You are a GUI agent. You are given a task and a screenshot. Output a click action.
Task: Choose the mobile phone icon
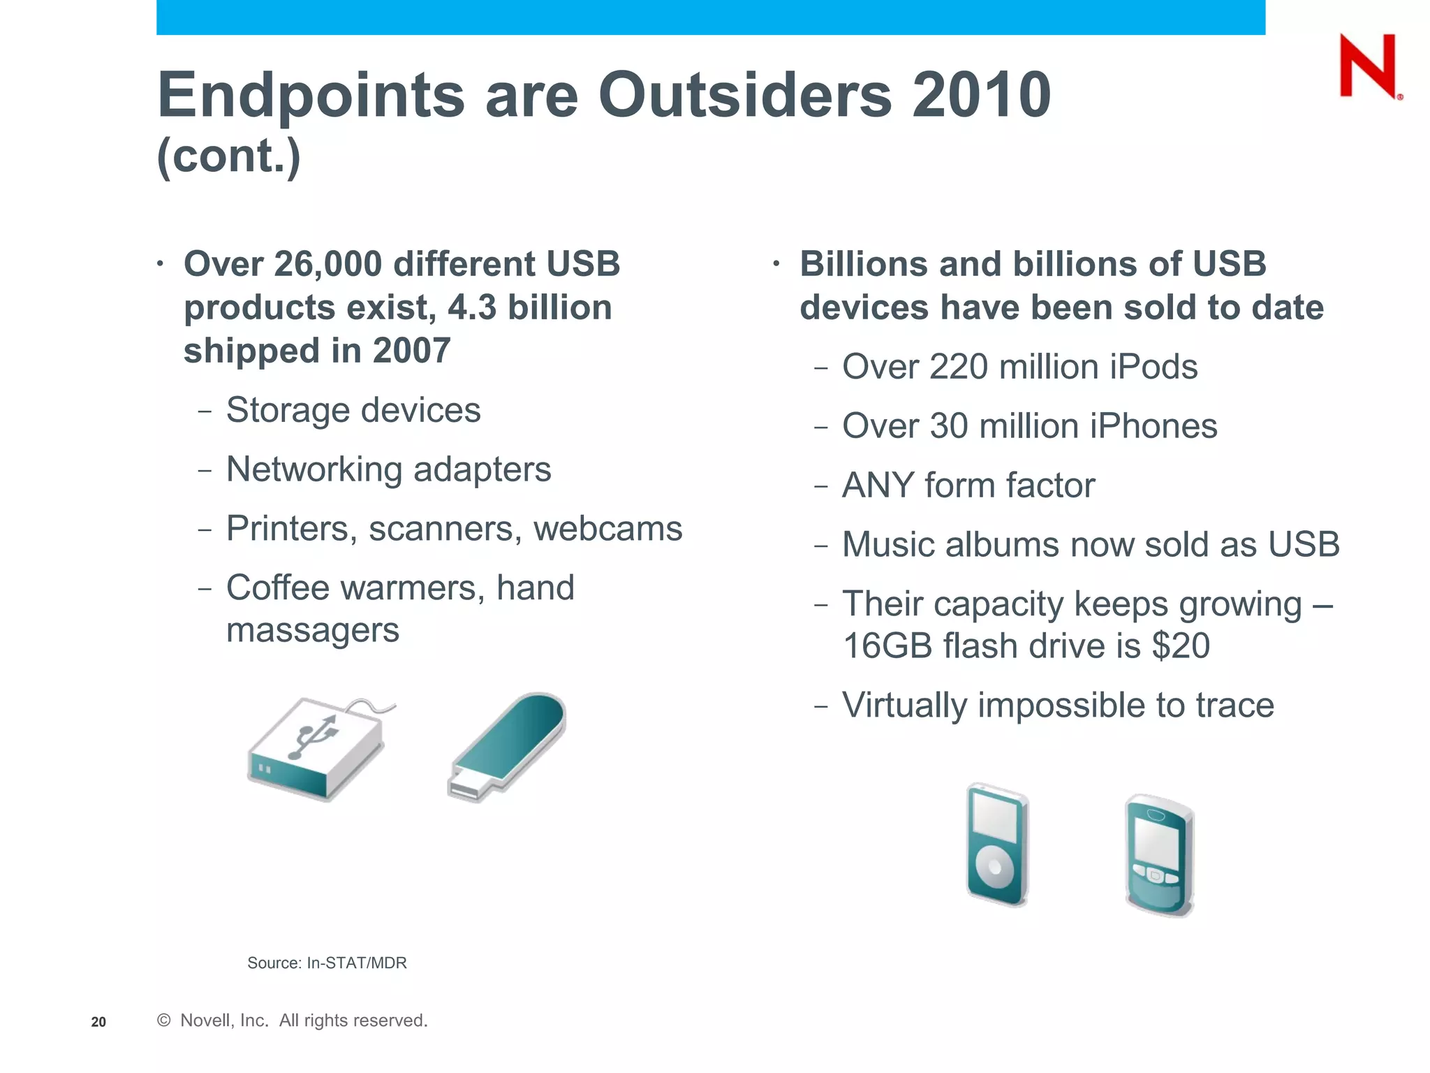(x=1159, y=855)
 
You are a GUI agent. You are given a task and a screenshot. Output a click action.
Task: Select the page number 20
(x=98, y=1022)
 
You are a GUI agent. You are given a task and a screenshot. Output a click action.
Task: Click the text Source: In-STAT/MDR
(x=327, y=963)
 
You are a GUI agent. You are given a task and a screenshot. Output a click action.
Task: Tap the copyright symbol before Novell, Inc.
(x=164, y=1021)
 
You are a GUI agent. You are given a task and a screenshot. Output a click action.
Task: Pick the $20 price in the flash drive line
(x=1181, y=645)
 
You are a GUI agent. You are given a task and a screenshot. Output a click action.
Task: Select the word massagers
(x=313, y=630)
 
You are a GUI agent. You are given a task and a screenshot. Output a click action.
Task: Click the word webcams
(x=607, y=529)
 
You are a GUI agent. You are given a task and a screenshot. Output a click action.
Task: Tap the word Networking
(x=314, y=469)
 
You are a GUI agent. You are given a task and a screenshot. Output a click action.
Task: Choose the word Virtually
(x=904, y=706)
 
